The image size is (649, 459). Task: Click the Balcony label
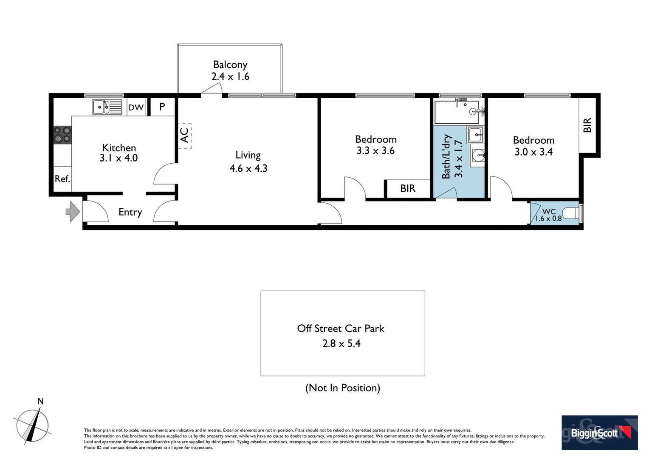tap(230, 65)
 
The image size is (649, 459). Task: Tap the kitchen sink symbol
tap(107, 107)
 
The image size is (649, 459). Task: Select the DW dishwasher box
tap(136, 108)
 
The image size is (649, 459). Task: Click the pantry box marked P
tap(162, 107)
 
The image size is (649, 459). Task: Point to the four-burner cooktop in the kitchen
tap(62, 135)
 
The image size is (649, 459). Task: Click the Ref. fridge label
tap(62, 179)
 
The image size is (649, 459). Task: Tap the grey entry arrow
tap(73, 211)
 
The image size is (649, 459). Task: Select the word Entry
tap(130, 212)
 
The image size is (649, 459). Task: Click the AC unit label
tap(184, 136)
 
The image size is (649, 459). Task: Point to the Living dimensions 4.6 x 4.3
tap(248, 168)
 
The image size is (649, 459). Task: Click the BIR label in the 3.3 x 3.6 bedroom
tap(408, 188)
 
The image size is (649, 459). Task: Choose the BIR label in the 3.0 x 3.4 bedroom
tap(587, 125)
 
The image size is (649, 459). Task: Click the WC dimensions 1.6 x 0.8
tap(548, 218)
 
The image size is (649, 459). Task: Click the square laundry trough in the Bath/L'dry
tap(475, 135)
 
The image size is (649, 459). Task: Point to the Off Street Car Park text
tap(341, 329)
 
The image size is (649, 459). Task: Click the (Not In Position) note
tap(342, 388)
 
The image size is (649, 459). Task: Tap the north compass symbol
tap(33, 425)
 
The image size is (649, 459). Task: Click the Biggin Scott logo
tap(599, 433)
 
